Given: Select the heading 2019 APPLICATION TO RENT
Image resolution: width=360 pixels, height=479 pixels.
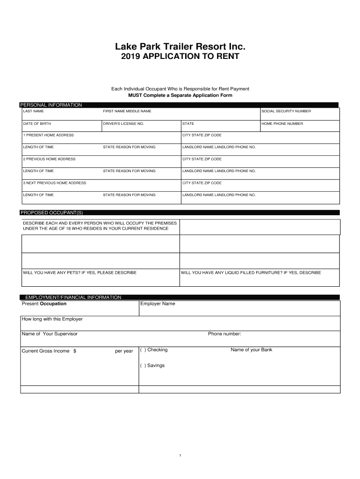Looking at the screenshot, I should point(180,57).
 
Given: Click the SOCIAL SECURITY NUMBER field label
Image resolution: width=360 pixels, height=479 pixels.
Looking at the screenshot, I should point(286,111).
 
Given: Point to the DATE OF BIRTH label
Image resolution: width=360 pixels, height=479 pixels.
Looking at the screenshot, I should point(37,124).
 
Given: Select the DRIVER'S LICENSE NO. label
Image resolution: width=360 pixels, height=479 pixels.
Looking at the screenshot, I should point(123,124).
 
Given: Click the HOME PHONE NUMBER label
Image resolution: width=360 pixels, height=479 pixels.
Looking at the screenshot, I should point(282,124).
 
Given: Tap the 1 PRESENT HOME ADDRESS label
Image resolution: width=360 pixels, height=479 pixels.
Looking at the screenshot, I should point(48,135).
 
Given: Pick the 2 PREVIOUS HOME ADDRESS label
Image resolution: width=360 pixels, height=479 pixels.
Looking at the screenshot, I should point(49,159).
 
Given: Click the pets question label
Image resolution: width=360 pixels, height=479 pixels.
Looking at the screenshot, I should point(79,272).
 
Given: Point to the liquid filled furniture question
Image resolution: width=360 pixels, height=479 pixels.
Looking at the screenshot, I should point(251,272).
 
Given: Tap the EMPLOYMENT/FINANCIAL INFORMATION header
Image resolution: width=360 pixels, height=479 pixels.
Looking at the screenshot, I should point(73,297).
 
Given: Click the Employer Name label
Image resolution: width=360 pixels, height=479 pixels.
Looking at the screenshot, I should point(158,304).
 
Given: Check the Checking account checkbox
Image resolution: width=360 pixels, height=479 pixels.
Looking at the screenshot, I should point(143,350).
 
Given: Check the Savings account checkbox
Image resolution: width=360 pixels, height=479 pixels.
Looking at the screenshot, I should point(143,365).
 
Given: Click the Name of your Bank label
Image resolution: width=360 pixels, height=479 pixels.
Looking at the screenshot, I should point(251,350).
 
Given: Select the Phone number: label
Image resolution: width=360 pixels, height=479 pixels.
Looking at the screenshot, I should point(224,334).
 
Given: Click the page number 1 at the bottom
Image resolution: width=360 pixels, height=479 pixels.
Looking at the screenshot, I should point(180,455).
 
